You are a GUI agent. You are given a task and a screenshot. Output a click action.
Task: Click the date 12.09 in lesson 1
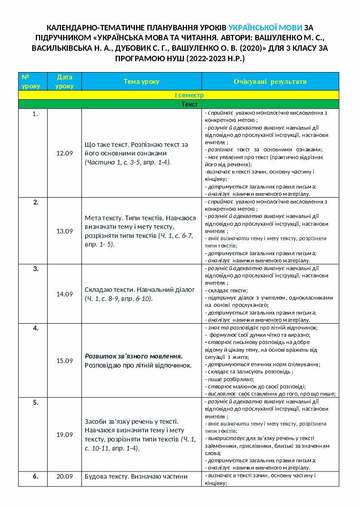pyautogui.click(x=64, y=154)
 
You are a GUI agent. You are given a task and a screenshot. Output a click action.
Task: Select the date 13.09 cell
pyautogui.click(x=64, y=231)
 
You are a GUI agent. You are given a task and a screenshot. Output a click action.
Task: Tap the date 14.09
pyautogui.click(x=64, y=294)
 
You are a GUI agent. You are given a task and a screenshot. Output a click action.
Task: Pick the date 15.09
pyautogui.click(x=64, y=361)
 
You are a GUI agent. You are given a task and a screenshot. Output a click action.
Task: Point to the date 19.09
pyautogui.click(x=64, y=435)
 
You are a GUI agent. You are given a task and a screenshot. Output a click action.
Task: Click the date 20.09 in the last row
pyautogui.click(x=64, y=476)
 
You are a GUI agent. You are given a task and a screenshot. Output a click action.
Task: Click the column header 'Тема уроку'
pyautogui.click(x=141, y=82)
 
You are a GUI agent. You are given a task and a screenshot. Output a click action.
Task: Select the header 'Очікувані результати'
pyautogui.click(x=270, y=82)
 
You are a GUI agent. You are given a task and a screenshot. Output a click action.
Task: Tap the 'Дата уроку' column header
pyautogui.click(x=64, y=82)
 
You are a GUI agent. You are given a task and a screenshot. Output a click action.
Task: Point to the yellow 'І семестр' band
pyautogui.click(x=189, y=95)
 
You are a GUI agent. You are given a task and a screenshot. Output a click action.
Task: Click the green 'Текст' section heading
pyautogui.click(x=189, y=104)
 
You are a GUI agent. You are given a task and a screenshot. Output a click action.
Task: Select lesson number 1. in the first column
pyautogui.click(x=35, y=114)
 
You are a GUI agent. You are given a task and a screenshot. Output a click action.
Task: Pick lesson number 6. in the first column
pyautogui.click(x=35, y=476)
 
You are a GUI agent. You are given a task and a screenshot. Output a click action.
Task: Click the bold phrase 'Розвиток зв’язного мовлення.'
pyautogui.click(x=134, y=356)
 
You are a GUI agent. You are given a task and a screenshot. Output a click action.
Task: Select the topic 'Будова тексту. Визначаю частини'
pyautogui.click(x=136, y=476)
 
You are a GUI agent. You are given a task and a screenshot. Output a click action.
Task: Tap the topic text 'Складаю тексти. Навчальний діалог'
pyautogui.click(x=139, y=290)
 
